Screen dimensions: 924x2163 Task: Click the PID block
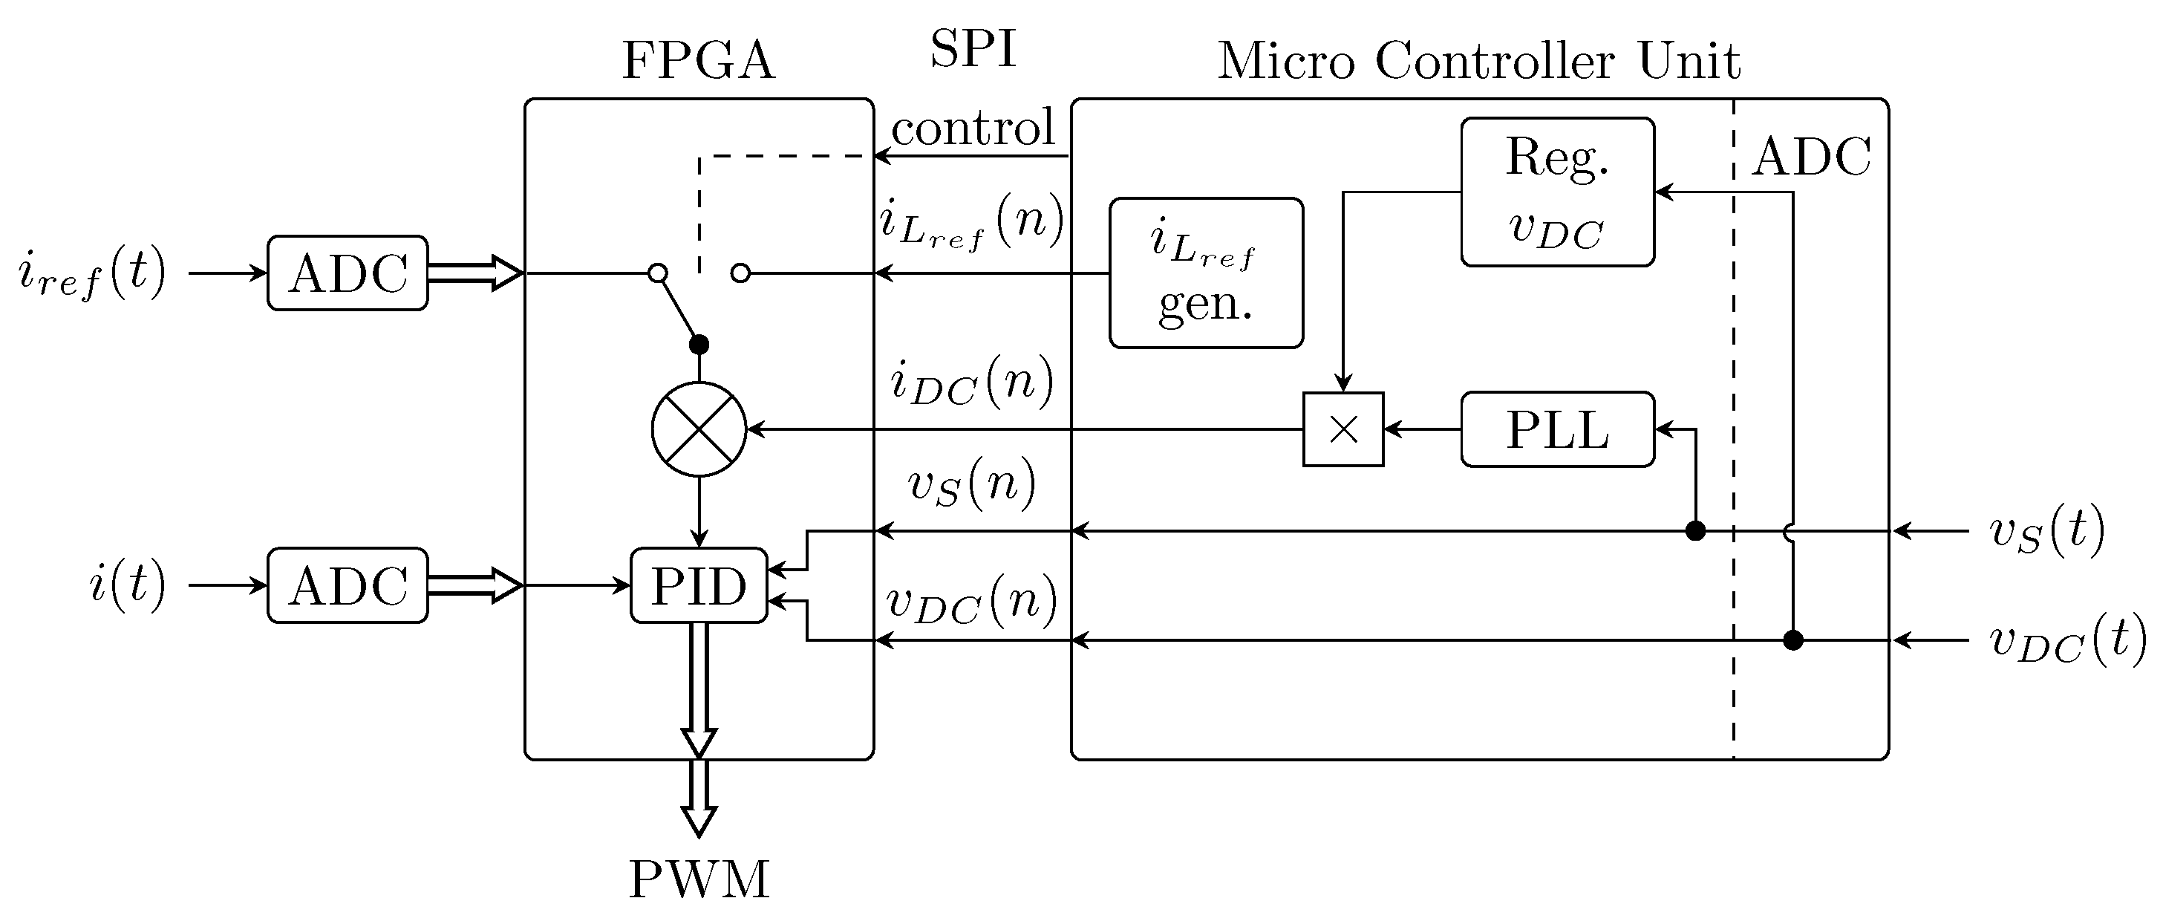[699, 585]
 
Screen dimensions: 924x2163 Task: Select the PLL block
[1557, 429]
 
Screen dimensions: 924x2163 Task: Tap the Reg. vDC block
[1557, 192]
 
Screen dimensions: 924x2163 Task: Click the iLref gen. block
[1206, 273]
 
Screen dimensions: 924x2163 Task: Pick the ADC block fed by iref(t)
[348, 273]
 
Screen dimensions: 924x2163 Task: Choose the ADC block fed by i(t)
[348, 585]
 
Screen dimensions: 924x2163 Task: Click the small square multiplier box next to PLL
[1343, 429]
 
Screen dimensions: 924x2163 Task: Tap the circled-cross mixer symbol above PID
[699, 429]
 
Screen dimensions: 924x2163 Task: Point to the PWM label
[699, 880]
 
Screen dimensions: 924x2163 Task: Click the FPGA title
[699, 60]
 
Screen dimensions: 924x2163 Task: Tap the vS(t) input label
[2047, 532]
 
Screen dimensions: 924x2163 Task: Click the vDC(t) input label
[2066, 641]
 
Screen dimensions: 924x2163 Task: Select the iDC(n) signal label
[971, 383]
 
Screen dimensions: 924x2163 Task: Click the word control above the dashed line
[972, 128]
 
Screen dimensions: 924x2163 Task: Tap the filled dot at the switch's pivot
[699, 345]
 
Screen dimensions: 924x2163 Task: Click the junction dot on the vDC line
[1792, 641]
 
